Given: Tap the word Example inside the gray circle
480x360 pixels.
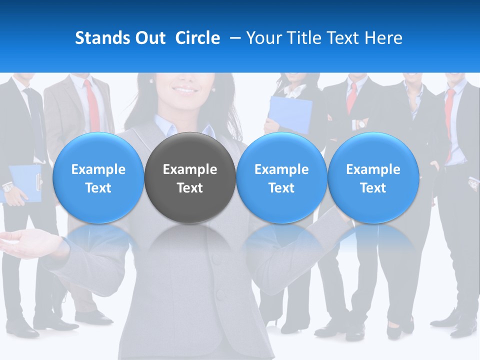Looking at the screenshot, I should (x=190, y=169).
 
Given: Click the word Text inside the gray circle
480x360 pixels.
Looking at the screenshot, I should (x=190, y=188).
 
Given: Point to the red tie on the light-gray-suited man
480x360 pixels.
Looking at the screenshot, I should (x=92, y=105).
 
